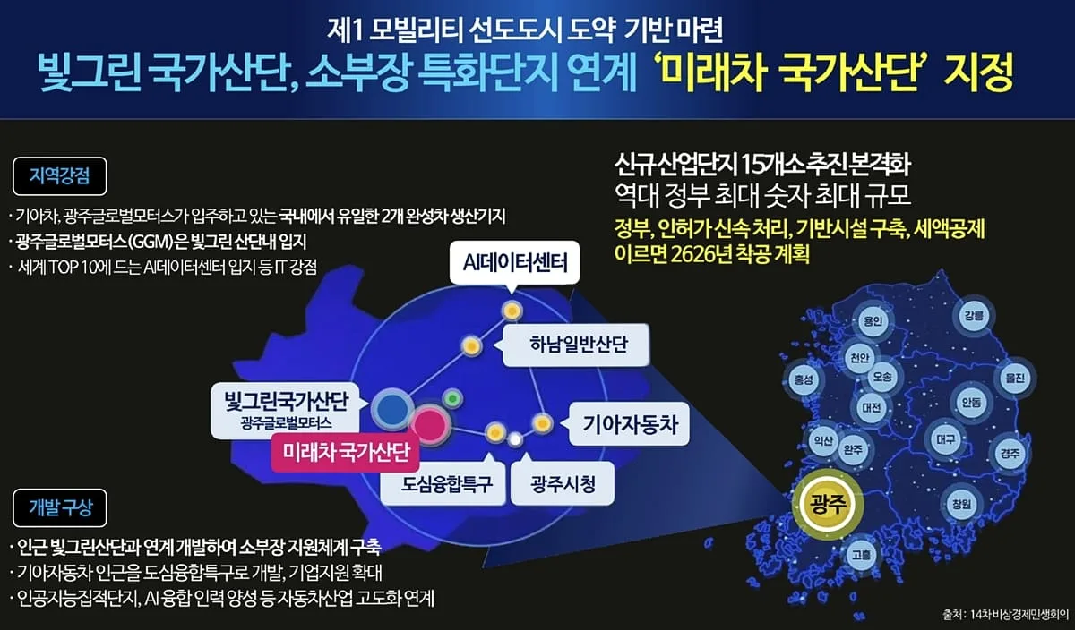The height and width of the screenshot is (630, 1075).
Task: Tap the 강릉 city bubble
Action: tap(974, 316)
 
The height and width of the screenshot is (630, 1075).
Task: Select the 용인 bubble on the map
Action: tap(873, 320)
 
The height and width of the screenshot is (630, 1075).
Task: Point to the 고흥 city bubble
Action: tap(861, 555)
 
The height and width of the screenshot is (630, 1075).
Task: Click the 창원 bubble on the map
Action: tap(961, 504)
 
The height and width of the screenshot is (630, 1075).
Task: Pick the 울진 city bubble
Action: tap(1015, 378)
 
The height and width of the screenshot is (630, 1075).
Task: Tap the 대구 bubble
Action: tap(945, 438)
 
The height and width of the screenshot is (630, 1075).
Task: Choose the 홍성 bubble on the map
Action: tap(804, 379)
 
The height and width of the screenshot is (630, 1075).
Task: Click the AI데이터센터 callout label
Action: tap(514, 263)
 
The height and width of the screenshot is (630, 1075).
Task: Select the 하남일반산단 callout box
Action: tap(576, 345)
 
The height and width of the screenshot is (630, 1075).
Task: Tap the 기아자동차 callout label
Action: tap(629, 424)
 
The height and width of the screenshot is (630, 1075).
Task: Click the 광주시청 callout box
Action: tap(563, 483)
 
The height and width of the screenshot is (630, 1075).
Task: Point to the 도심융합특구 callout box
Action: tap(443, 483)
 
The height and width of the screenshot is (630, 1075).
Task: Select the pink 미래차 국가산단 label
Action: tap(345, 452)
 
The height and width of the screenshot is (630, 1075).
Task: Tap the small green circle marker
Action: tap(452, 398)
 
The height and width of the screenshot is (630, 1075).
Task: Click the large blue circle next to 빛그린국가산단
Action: tap(392, 408)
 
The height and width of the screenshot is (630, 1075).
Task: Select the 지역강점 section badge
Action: tap(59, 176)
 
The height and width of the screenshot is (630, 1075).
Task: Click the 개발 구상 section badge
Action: tap(59, 507)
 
